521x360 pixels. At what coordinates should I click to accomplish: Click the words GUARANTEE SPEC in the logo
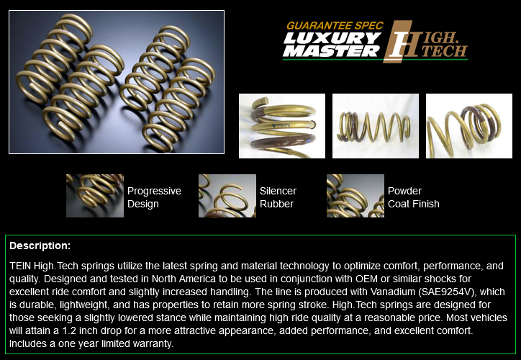tap(335, 26)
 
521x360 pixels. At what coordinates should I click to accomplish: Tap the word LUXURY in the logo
tap(332, 38)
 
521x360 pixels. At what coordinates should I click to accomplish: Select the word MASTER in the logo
tap(331, 51)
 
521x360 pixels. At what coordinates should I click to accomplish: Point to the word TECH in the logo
tap(444, 51)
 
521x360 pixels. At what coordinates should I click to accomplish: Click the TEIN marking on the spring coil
tap(281, 125)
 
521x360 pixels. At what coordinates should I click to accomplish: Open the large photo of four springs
tap(117, 82)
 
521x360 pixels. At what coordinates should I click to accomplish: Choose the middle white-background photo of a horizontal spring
tap(376, 126)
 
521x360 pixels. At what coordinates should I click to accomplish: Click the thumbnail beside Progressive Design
tap(95, 196)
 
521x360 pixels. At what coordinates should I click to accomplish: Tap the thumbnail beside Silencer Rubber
tap(227, 196)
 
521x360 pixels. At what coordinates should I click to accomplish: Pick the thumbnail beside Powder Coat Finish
tap(355, 196)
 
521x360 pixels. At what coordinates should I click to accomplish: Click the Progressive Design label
tap(154, 197)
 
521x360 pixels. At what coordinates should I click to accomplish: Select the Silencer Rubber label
tap(278, 197)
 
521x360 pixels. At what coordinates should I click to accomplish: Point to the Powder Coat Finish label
tap(413, 197)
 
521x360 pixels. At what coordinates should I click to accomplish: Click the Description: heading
tap(40, 246)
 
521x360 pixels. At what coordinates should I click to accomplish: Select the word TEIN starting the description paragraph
tap(20, 266)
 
